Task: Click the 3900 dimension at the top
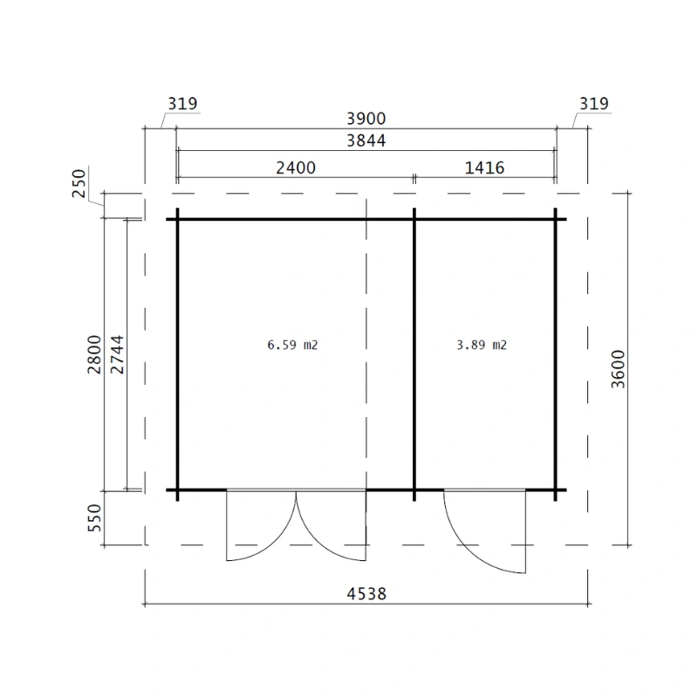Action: (x=366, y=119)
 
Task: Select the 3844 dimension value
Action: (x=366, y=140)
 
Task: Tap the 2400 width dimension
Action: (x=296, y=168)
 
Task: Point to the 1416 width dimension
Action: (x=484, y=168)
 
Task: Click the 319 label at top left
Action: (x=182, y=104)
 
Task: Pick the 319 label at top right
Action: (x=594, y=104)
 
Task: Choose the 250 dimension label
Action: (x=79, y=183)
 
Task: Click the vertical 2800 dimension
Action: (x=94, y=354)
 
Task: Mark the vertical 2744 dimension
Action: (x=117, y=354)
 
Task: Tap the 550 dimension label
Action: (x=94, y=517)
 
